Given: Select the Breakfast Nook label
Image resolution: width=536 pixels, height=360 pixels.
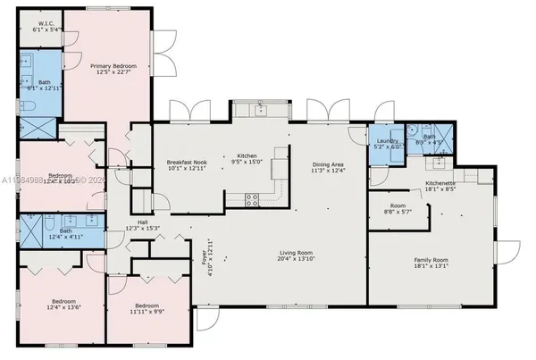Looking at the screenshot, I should [186, 162].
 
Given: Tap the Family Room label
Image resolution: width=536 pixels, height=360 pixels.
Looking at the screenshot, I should [431, 261].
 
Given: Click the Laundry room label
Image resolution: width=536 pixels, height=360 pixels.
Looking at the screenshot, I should [386, 140].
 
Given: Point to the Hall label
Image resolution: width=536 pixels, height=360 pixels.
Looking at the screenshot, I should [142, 223].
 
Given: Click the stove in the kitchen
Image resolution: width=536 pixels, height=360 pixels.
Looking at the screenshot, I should [253, 198].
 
